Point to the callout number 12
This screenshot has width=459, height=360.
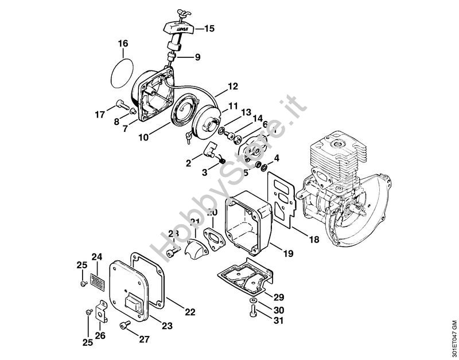pos(232,87)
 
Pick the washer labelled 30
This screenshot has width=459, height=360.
pos(254,301)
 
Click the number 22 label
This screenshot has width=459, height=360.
pos(190,312)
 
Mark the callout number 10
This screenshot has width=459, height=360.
pos(143,138)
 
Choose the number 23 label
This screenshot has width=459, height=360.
pos(167,326)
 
